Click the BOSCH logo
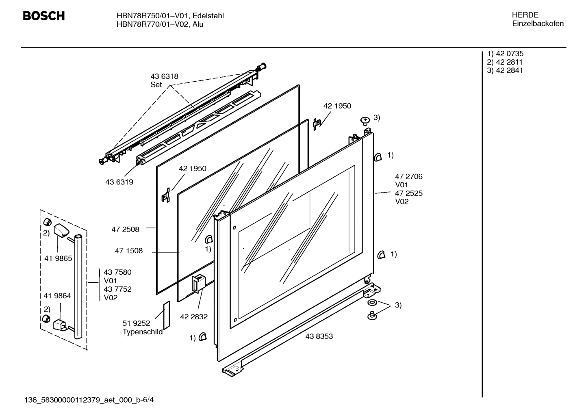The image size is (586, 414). click(x=43, y=16)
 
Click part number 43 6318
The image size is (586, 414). click(x=164, y=76)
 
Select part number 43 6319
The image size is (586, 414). click(x=119, y=182)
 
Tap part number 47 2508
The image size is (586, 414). click(x=125, y=230)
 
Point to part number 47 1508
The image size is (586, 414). click(x=128, y=251)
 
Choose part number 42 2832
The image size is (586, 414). click(x=194, y=317)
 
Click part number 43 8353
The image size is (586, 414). click(x=319, y=336)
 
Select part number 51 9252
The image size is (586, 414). click(x=136, y=323)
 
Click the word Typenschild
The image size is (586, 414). click(x=142, y=332)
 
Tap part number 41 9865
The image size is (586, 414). click(x=58, y=258)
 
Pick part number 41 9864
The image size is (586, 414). click(x=57, y=296)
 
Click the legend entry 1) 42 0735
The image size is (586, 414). click(x=505, y=54)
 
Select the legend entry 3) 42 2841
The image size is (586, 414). click(x=505, y=70)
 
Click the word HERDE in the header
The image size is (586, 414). click(x=525, y=15)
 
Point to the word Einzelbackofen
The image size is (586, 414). click(x=538, y=24)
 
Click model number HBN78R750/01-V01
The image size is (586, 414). click(x=152, y=16)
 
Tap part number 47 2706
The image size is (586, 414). click(x=408, y=177)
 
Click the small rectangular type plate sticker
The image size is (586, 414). click(x=166, y=316)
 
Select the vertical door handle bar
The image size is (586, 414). click(x=78, y=286)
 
